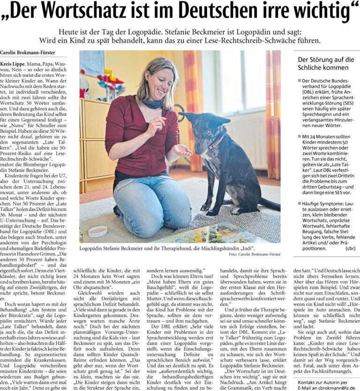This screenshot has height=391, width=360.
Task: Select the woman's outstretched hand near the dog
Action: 182,150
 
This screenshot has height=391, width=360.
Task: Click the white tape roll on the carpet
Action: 97,231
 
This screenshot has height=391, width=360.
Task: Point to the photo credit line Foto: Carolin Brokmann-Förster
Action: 255,254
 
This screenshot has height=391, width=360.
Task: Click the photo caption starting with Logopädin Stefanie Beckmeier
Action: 167,247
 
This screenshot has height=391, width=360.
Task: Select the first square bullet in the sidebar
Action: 300,81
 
